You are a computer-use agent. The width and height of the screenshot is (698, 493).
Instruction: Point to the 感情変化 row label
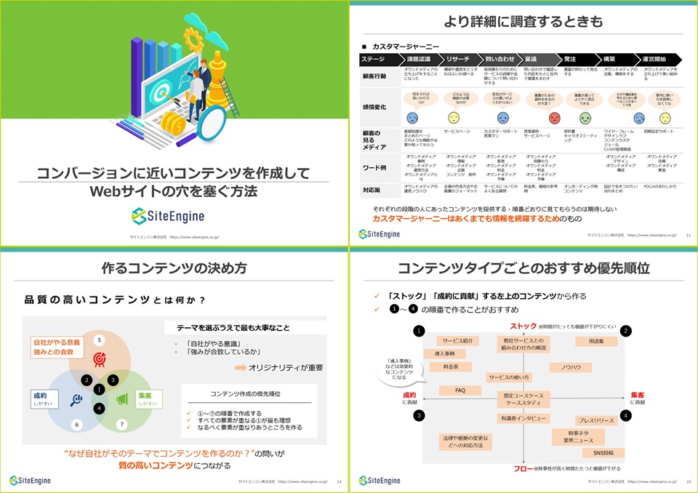click(x=374, y=107)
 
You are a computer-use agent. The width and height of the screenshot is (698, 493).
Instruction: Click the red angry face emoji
click(x=555, y=117)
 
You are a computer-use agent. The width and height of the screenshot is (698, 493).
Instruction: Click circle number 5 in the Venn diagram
click(x=100, y=340)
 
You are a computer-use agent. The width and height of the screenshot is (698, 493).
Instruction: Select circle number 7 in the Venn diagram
click(x=121, y=423)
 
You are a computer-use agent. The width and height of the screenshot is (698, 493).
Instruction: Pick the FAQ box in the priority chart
click(x=460, y=390)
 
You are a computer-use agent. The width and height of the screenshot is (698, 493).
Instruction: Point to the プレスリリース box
click(x=597, y=420)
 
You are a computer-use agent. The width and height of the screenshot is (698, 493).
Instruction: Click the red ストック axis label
click(x=523, y=325)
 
